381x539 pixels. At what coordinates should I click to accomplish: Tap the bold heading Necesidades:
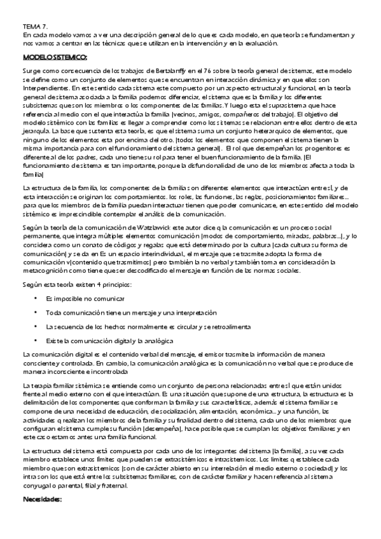[x=41, y=500]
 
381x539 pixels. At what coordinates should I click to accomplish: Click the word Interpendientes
[x=45, y=88]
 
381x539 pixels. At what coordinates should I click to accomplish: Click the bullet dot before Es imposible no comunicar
[x=35, y=299]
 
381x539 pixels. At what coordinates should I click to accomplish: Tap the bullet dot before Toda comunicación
[x=35, y=313]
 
